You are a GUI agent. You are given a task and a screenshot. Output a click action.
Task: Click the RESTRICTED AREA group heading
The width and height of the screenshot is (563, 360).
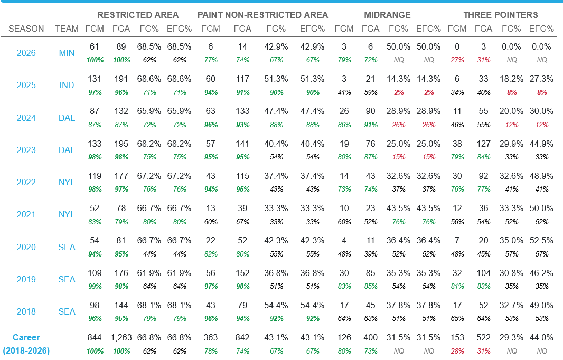click(x=138, y=15)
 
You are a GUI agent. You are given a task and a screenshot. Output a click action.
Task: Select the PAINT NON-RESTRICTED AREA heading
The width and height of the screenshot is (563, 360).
click(x=263, y=15)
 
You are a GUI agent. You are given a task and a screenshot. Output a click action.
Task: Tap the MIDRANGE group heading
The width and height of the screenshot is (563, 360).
click(x=388, y=15)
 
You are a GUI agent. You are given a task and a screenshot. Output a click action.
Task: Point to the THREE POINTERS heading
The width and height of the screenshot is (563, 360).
click(x=501, y=15)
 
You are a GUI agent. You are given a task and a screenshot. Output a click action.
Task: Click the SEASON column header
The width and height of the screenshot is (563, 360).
click(x=26, y=29)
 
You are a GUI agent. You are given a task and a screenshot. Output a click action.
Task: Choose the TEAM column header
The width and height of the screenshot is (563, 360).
click(x=67, y=29)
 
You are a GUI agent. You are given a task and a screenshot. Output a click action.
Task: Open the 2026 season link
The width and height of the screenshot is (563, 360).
click(x=26, y=53)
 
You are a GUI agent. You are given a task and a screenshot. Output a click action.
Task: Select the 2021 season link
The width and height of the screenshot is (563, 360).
click(x=26, y=215)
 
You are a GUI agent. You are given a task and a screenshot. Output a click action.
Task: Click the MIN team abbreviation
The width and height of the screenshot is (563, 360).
click(x=67, y=53)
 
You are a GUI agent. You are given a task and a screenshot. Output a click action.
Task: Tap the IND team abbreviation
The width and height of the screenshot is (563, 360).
click(x=67, y=86)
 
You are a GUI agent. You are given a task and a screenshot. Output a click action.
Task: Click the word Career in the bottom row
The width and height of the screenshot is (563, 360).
click(x=26, y=338)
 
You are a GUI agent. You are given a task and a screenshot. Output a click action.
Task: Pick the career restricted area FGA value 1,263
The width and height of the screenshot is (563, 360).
click(x=121, y=338)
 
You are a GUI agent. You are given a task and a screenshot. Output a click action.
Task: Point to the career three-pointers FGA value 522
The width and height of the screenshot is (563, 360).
click(x=484, y=338)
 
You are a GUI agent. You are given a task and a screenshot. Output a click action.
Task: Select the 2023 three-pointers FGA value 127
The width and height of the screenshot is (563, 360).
click(x=484, y=144)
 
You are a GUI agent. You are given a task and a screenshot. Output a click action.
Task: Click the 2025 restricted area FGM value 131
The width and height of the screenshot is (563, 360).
click(x=95, y=79)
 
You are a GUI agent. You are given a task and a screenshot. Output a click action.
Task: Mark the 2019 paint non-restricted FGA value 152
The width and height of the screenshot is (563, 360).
click(x=242, y=273)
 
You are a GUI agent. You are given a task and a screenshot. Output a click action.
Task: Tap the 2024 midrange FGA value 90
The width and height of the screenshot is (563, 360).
click(x=371, y=111)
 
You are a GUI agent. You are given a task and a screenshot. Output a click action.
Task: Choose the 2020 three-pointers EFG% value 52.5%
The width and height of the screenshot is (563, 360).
click(x=541, y=241)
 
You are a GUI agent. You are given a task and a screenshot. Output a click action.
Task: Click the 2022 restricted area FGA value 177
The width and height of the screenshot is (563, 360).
click(x=121, y=176)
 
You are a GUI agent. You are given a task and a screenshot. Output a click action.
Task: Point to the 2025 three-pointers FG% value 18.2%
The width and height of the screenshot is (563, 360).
click(x=511, y=79)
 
